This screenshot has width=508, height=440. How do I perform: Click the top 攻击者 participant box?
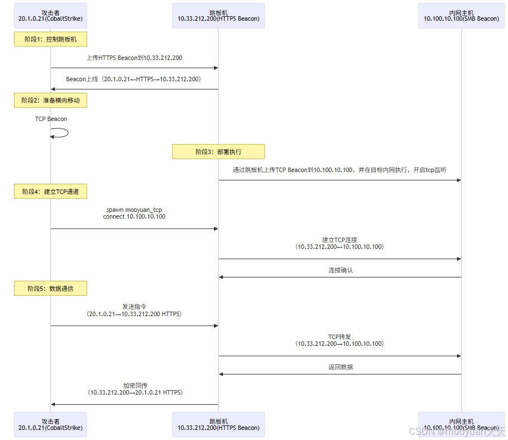(50, 16)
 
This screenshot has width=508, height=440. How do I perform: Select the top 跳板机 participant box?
(218, 16)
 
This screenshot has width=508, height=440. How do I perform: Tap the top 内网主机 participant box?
(461, 16)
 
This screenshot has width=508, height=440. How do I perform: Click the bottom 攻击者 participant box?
(50, 424)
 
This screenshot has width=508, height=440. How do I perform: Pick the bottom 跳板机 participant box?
(218, 424)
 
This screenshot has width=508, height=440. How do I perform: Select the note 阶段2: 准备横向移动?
(50, 100)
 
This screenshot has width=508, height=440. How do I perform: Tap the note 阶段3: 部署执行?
(218, 151)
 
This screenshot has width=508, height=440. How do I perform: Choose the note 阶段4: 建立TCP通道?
(50, 192)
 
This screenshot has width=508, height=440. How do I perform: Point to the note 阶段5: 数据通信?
(50, 289)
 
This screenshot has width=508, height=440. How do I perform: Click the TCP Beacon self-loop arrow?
(60, 133)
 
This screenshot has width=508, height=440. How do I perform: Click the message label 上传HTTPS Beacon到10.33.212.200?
(134, 58)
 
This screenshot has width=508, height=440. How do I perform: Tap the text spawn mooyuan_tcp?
(134, 210)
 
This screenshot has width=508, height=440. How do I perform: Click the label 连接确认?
(341, 270)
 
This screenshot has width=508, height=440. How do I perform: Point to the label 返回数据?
(341, 367)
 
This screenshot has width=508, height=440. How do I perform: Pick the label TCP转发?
(339, 337)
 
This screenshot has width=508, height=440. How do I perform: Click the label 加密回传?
(135, 386)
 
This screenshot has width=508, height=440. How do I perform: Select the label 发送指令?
(134, 307)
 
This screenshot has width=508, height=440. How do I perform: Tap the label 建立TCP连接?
(339, 240)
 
